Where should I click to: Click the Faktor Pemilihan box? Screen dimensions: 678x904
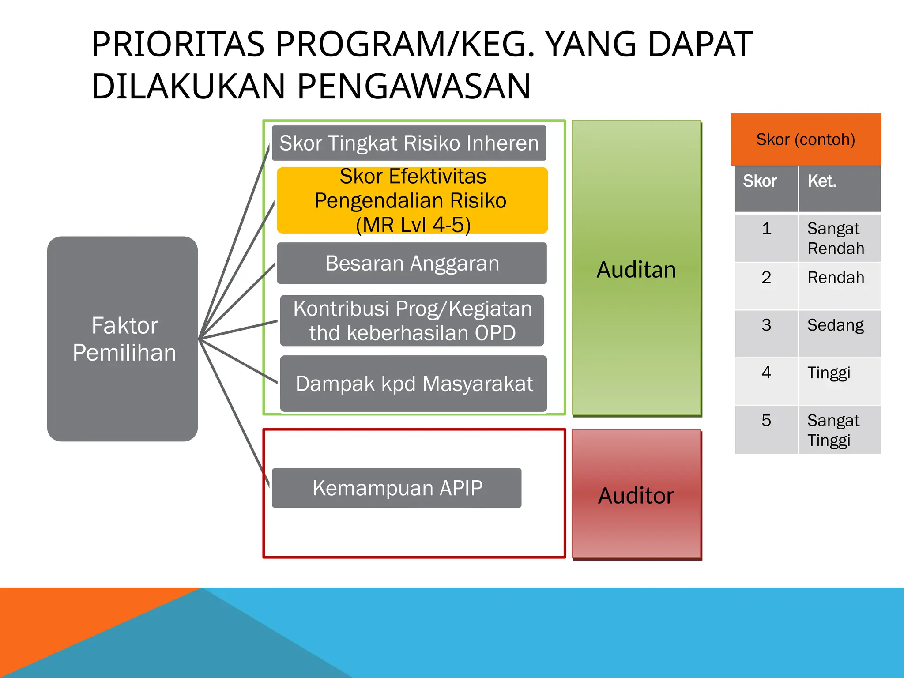123,339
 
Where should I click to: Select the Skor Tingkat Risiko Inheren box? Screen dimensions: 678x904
409,143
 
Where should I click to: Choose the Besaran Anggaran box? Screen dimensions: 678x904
412,263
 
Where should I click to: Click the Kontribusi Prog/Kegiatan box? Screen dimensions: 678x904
412,320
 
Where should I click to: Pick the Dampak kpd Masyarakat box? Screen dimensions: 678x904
414,384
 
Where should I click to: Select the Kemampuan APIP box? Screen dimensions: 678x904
397,488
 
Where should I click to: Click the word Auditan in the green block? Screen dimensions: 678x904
636,270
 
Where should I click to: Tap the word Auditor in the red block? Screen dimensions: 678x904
636,495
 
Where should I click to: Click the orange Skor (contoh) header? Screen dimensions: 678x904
806,139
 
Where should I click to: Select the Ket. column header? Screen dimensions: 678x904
839,189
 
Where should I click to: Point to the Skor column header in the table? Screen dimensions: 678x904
766,189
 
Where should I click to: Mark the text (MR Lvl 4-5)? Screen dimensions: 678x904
413,225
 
